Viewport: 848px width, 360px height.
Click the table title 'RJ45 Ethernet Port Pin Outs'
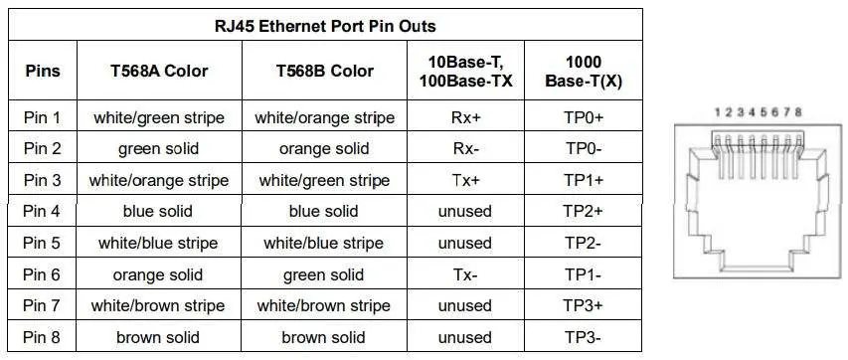click(324, 26)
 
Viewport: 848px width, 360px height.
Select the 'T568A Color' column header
click(159, 71)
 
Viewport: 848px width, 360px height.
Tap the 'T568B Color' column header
click(324, 71)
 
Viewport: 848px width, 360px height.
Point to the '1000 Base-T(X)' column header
click(584, 71)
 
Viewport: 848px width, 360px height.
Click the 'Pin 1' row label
click(42, 118)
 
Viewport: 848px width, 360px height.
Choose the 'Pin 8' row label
click(42, 338)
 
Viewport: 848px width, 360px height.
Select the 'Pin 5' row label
click(42, 244)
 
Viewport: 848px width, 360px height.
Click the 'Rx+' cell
click(465, 118)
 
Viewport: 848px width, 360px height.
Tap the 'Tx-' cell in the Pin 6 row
click(465, 275)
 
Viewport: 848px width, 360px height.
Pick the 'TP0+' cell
click(584, 118)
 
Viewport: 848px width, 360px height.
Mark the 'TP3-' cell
click(584, 338)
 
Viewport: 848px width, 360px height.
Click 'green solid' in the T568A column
click(159, 150)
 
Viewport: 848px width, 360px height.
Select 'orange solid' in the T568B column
click(324, 150)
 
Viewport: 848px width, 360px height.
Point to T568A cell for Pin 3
click(159, 181)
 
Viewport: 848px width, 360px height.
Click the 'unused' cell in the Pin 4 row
click(465, 212)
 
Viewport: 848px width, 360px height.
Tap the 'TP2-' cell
click(584, 244)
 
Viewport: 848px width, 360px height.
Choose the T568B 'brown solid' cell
click(324, 338)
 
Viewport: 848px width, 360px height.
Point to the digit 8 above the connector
click(799, 112)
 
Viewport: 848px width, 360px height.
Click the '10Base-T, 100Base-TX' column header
click(465, 71)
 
